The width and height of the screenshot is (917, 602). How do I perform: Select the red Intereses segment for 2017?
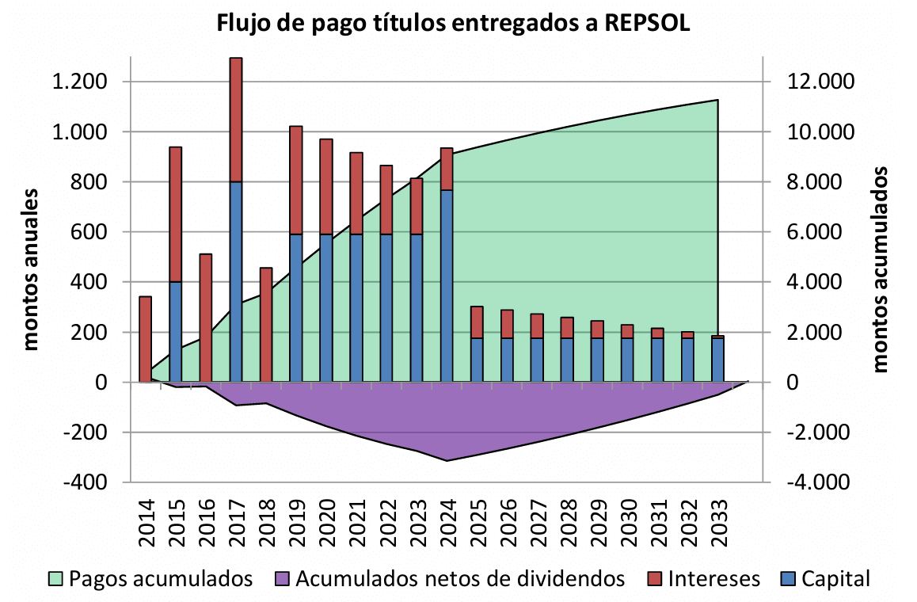[236, 119]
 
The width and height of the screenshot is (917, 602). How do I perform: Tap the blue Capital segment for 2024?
[447, 285]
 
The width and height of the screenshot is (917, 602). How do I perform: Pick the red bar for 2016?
[206, 317]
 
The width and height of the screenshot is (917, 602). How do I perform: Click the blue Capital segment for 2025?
[477, 360]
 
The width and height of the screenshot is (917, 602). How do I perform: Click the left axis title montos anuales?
[31, 269]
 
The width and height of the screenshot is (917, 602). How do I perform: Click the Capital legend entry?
[835, 578]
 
